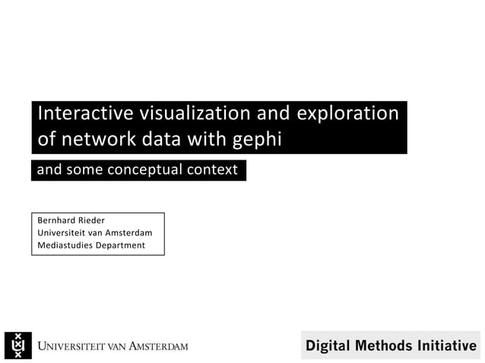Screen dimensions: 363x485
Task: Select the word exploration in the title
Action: (347, 114)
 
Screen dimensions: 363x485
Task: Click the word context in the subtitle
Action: (216, 170)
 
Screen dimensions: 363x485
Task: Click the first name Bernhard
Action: (56, 220)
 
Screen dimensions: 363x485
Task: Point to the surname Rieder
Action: (91, 220)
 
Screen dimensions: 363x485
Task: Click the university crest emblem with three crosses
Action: (18, 346)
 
